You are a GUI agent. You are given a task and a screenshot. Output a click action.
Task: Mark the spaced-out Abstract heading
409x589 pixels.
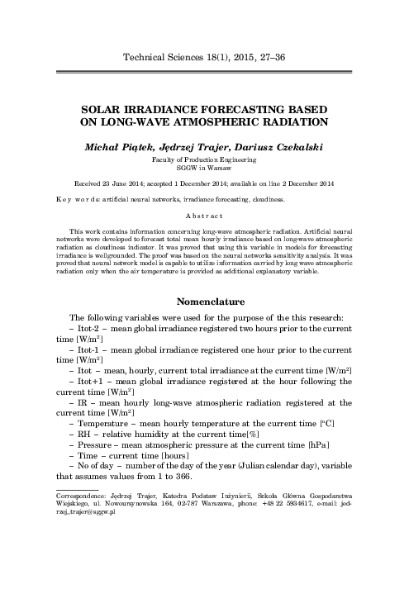(204, 213)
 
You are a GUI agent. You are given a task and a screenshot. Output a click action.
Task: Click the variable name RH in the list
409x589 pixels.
(84, 434)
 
